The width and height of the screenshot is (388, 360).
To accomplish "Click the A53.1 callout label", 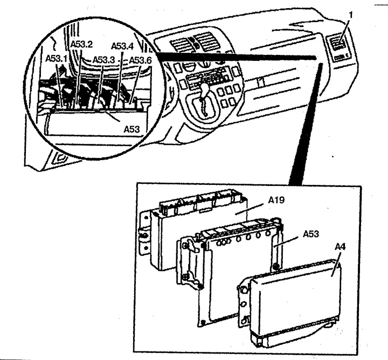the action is pos(57,59).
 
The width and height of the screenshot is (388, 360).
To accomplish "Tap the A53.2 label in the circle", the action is pos(82,44).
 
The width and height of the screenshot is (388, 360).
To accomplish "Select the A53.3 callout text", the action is pos(103,60).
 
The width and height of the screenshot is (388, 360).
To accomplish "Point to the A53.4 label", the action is pos(122,46).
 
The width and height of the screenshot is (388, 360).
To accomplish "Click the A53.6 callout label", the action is pos(140,60).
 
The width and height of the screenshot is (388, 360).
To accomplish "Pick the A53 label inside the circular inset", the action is pos(131,129).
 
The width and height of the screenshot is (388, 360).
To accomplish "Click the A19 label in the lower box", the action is pos(276,200).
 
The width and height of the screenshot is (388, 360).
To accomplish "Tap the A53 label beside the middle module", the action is pos(311,234).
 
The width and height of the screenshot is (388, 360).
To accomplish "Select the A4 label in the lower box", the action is pos(340,247).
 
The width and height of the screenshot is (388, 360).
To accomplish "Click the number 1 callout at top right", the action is pos(350,15).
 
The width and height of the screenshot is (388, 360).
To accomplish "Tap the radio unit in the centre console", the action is pos(206,79).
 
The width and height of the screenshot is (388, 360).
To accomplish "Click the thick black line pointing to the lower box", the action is pos(306,124).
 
